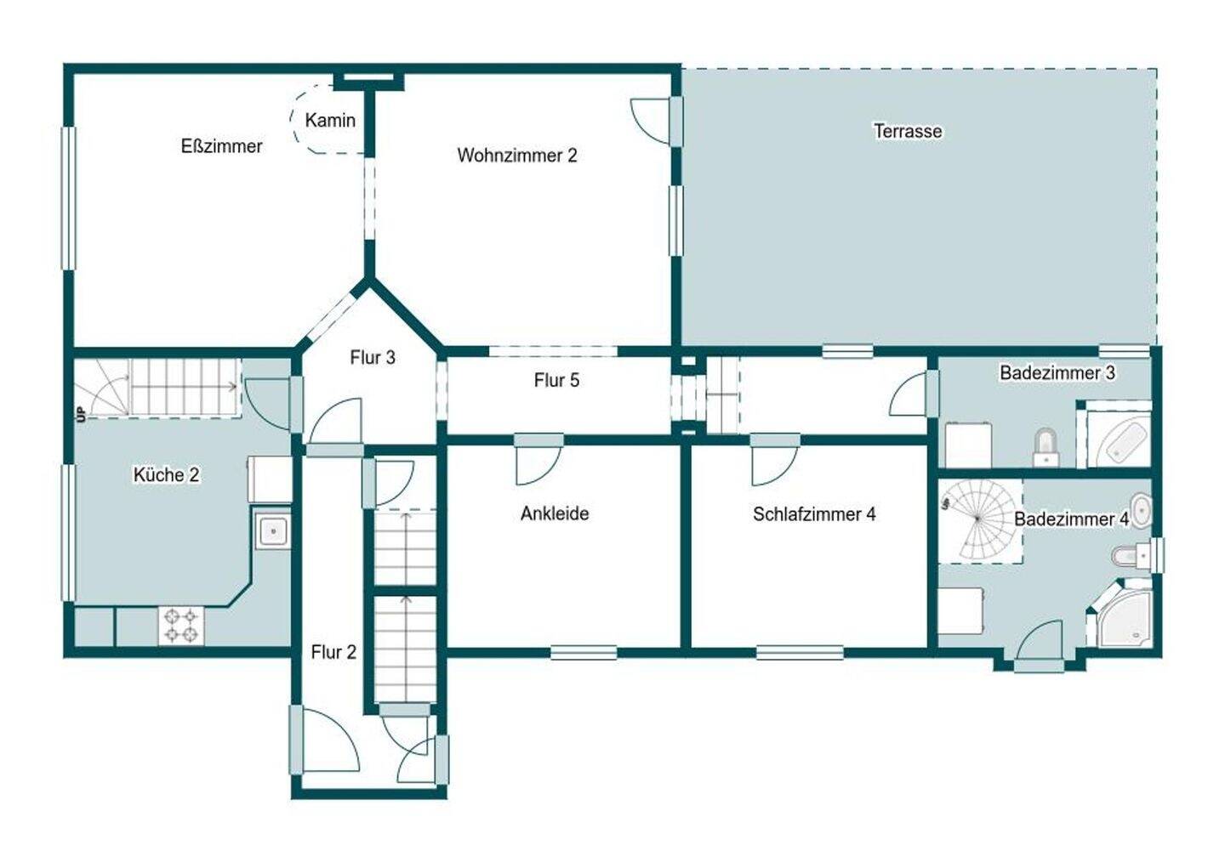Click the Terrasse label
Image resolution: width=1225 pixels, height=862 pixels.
[907, 131]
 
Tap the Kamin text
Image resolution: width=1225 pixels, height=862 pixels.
[330, 120]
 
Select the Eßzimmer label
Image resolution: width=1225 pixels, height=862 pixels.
[221, 146]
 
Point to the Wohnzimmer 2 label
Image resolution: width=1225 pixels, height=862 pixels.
[517, 156]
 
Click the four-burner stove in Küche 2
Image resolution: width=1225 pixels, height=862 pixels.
[181, 626]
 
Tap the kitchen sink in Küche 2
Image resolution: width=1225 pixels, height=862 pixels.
[272, 530]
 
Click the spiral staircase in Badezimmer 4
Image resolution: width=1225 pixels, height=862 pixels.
[981, 521]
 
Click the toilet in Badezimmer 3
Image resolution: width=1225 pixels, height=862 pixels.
[1045, 448]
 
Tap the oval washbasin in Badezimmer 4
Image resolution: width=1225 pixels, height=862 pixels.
[1141, 511]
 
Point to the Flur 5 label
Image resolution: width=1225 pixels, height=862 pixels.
[556, 381]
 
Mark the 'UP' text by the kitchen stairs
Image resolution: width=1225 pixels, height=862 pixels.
[82, 415]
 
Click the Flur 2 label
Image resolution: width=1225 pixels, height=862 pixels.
[333, 652]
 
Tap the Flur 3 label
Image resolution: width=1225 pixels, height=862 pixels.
[373, 358]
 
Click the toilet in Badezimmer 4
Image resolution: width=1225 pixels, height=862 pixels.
[1131, 556]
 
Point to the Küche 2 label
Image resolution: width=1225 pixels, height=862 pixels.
[166, 474]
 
